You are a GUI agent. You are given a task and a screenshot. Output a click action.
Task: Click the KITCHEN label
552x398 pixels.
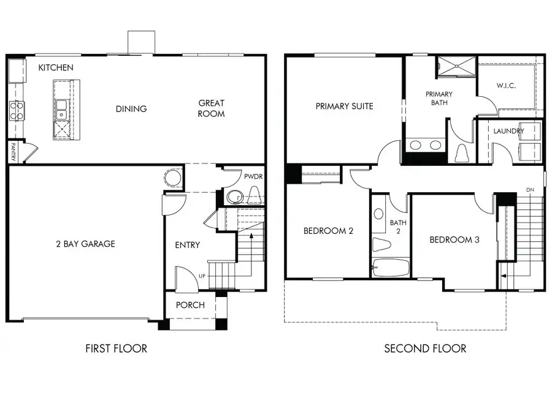point(56,67)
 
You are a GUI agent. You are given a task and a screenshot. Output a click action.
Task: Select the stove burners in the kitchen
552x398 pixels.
point(16,111)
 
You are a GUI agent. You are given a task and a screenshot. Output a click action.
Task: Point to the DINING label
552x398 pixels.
point(131,109)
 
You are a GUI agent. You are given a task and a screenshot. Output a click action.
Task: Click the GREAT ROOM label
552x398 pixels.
point(211,108)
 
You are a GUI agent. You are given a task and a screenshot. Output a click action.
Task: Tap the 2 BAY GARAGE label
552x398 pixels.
point(85,244)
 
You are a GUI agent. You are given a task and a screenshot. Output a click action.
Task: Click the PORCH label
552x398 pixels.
point(190,305)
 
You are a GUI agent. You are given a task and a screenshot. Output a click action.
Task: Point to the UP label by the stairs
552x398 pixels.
point(201,276)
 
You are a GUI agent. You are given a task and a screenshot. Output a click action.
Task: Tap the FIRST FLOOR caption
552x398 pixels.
point(116,348)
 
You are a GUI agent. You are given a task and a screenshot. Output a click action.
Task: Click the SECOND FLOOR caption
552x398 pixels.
point(425,348)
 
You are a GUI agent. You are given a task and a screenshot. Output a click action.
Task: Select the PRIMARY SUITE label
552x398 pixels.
point(344,106)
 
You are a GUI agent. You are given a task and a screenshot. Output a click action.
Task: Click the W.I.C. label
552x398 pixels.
point(506,85)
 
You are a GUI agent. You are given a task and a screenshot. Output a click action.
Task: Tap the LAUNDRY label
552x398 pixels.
point(508,130)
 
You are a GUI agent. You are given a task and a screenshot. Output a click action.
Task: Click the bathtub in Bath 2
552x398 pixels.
point(391,268)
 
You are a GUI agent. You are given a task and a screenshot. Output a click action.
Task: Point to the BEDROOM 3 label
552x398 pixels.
point(454,239)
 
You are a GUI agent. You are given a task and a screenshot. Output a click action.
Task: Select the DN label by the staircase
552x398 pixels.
point(530,190)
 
